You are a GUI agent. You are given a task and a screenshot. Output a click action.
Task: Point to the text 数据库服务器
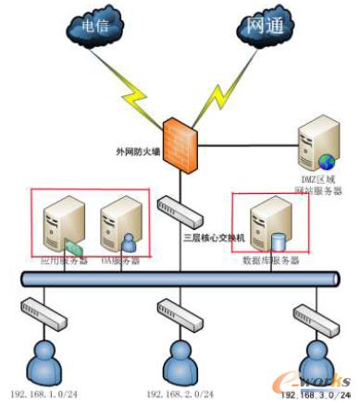coord(269,262)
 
